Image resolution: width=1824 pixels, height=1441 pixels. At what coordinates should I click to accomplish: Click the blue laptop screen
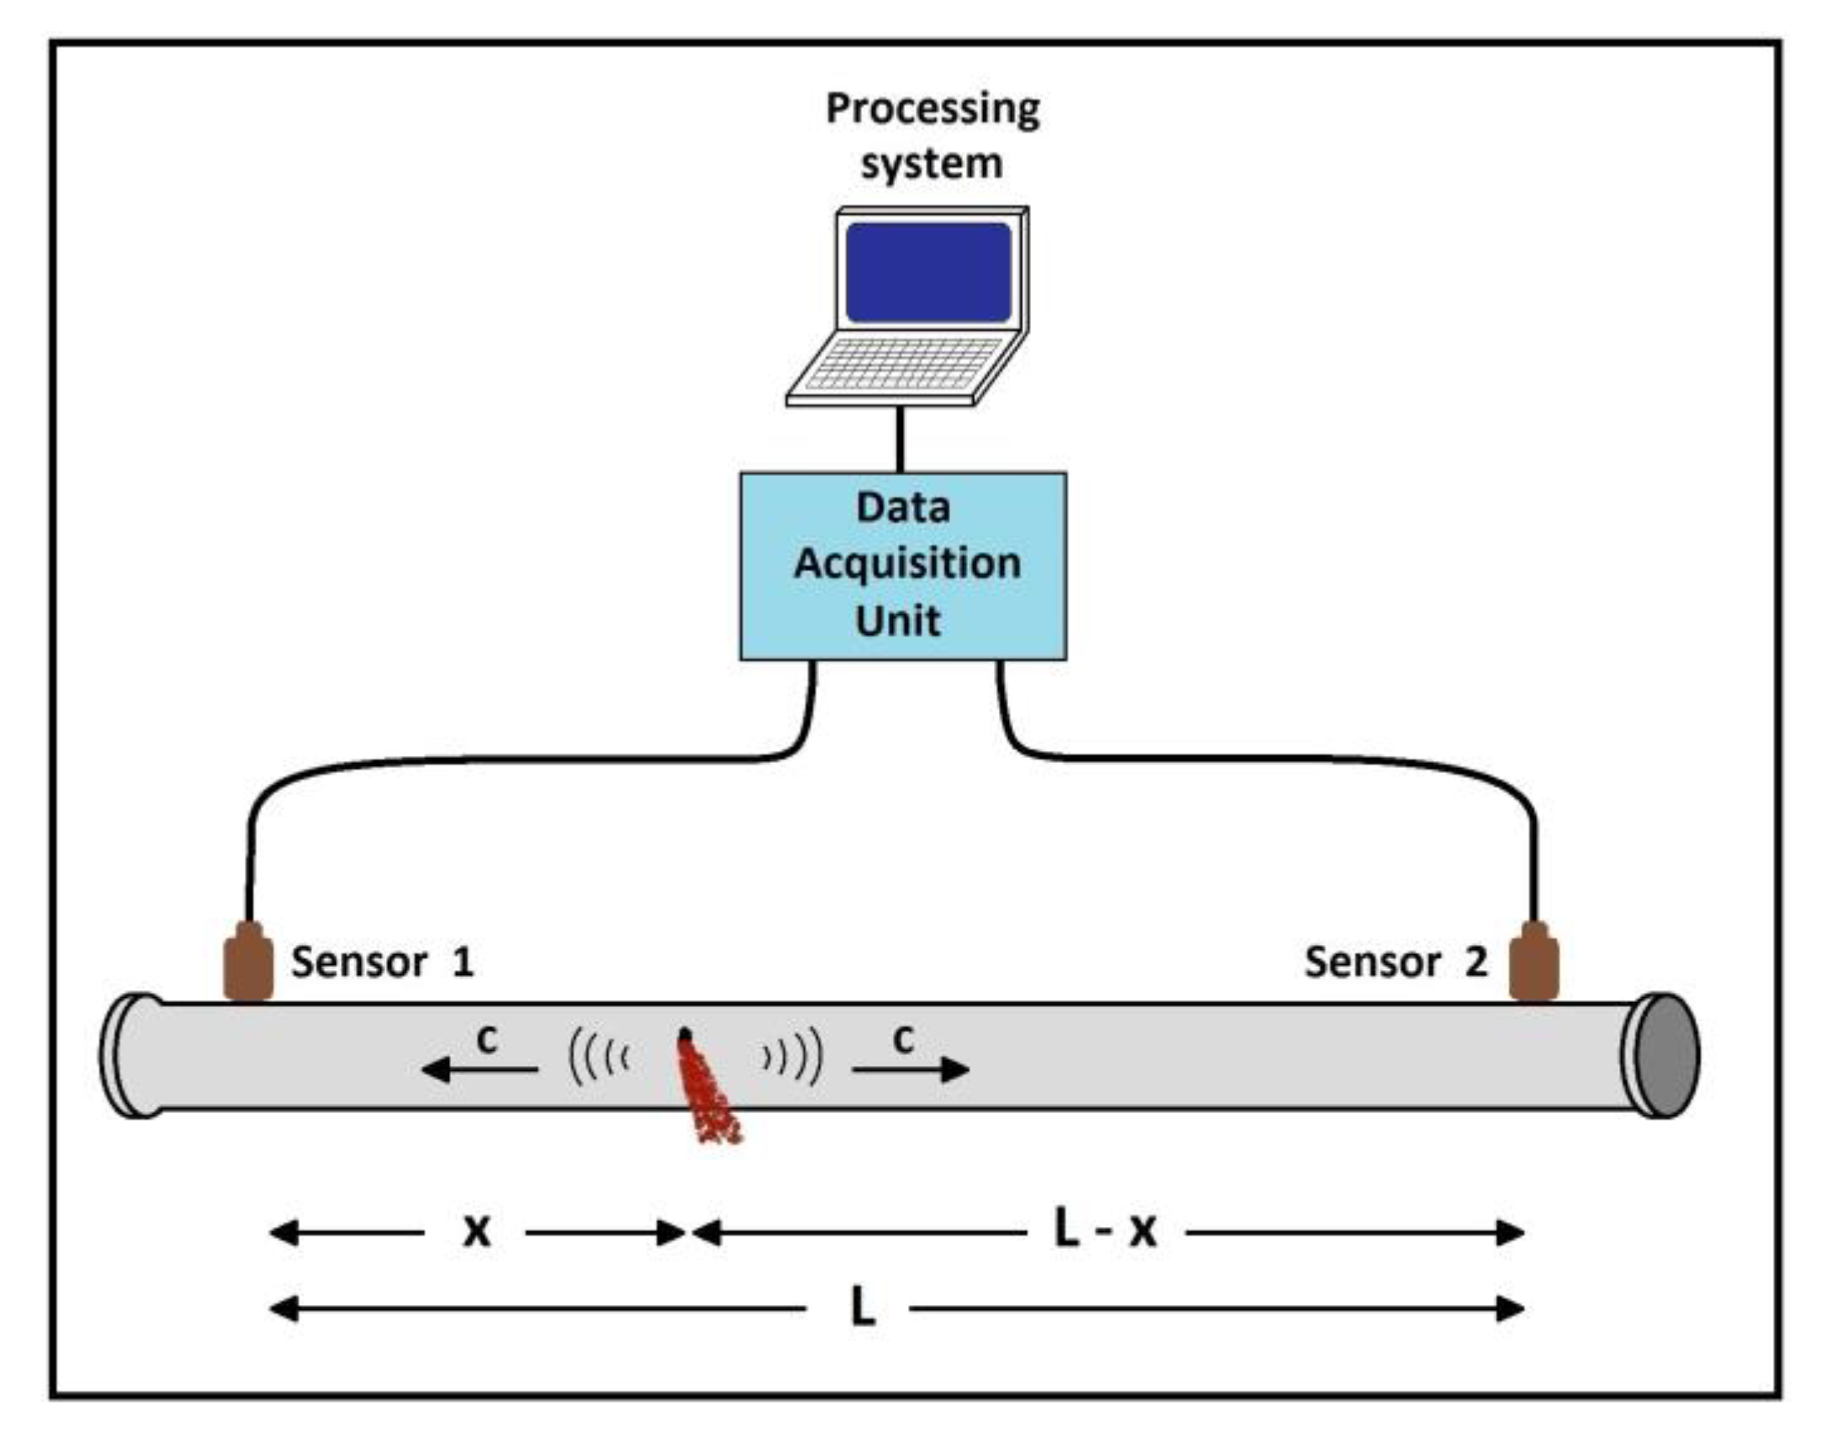coord(928,272)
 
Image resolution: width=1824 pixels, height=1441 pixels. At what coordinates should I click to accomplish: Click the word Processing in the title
coord(933,110)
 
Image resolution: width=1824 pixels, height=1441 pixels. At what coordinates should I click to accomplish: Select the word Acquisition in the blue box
coord(907,564)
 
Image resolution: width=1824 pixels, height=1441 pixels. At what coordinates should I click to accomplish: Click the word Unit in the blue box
coord(897,621)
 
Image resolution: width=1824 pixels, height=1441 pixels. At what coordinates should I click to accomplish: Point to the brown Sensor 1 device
coord(248,963)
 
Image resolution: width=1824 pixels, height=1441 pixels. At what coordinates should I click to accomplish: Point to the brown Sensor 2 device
coord(1533,963)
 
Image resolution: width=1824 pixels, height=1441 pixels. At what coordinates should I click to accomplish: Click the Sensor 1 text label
coord(382,962)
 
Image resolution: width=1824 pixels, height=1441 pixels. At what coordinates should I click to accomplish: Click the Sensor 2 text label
coord(1395,962)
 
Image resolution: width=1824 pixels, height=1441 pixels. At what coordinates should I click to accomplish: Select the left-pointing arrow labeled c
coord(478,1070)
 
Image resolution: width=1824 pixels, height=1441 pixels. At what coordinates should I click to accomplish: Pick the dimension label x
coord(477,1232)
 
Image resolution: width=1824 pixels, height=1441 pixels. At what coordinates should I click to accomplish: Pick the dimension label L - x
coord(1105,1230)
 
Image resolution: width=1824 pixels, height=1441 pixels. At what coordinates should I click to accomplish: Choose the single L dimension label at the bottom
coord(862,1308)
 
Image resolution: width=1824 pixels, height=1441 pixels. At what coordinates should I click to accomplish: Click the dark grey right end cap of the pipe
coord(1666,1056)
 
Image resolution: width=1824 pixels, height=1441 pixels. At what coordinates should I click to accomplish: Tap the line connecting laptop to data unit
coord(900,439)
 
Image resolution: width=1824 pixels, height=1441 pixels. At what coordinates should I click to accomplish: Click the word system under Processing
coord(932,164)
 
